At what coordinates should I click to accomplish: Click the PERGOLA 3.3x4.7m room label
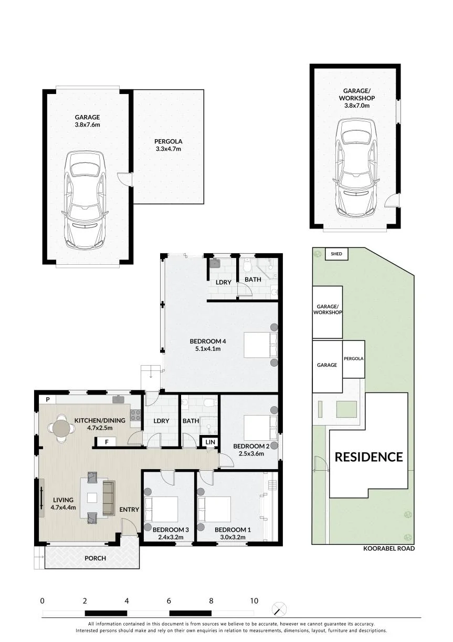click(x=168, y=145)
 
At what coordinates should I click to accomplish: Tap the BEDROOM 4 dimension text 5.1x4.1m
click(x=207, y=349)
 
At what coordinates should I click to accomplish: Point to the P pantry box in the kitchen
click(x=48, y=399)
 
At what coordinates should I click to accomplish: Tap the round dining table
click(x=61, y=429)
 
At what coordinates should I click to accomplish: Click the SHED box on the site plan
click(x=336, y=254)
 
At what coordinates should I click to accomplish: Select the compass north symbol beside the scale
click(x=279, y=608)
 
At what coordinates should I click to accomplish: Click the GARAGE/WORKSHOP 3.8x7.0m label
click(x=357, y=98)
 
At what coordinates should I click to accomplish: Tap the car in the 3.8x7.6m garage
click(x=86, y=200)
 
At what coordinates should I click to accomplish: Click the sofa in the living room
click(x=109, y=498)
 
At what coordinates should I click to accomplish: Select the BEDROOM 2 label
click(x=251, y=446)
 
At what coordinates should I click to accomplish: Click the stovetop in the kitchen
click(x=136, y=415)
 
